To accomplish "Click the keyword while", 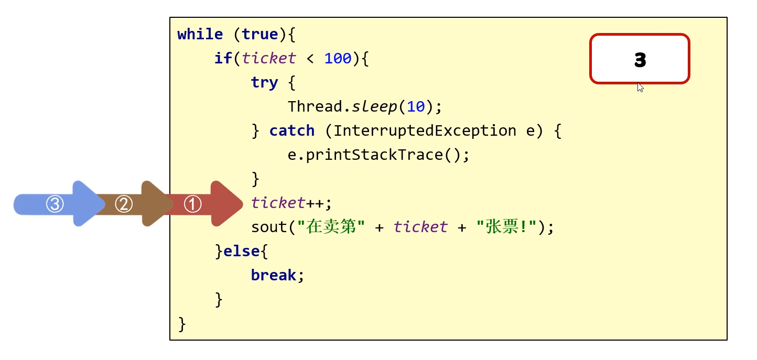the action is point(200,35).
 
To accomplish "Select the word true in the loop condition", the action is point(259,35).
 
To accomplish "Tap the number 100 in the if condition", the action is point(338,59).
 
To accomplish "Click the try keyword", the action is point(264,83).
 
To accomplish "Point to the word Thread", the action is point(315,107).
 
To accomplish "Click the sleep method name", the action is point(374,107).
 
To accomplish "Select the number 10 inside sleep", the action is point(416,107).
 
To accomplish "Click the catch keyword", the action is point(291,131).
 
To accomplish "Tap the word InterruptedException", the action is point(425,131).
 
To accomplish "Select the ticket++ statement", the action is point(291,203).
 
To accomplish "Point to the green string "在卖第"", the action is point(331,227).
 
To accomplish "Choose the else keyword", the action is point(242,252).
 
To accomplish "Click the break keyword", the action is point(274,276).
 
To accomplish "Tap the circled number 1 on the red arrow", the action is point(192,204).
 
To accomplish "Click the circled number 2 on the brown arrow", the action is point(124,204).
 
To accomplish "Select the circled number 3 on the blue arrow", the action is point(55,204).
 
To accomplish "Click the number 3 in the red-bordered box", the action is point(640,60).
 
